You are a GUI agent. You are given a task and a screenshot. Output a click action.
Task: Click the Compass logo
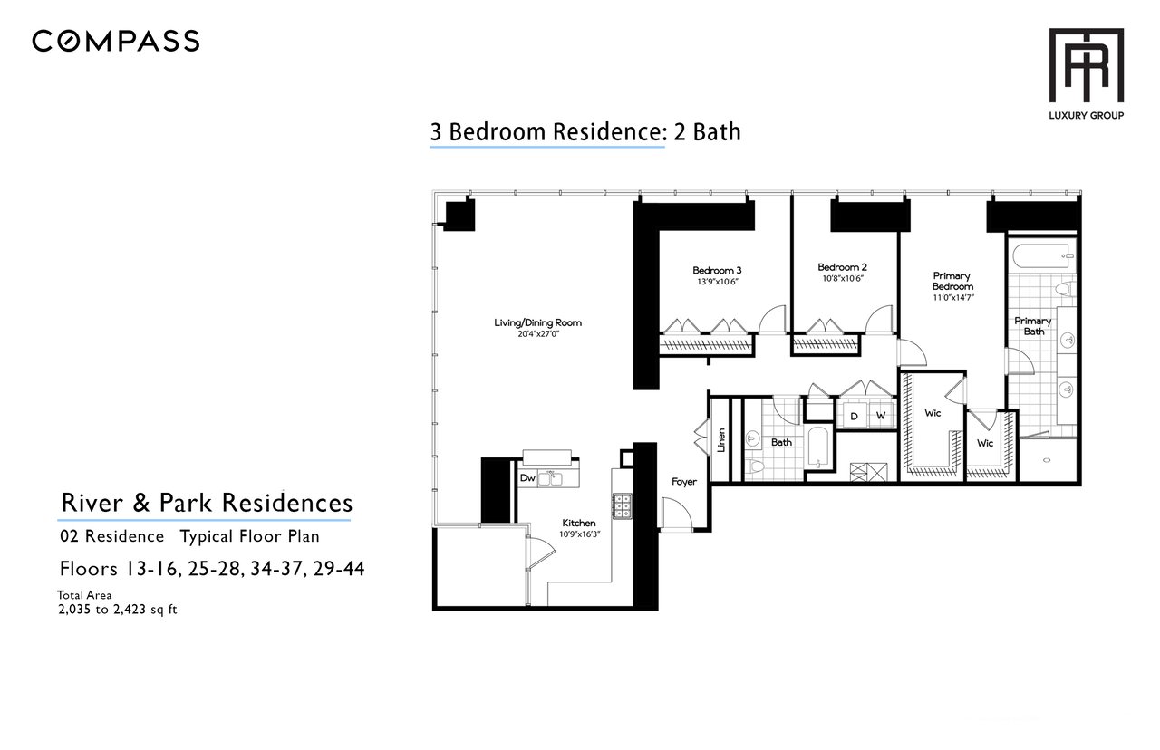(x=115, y=42)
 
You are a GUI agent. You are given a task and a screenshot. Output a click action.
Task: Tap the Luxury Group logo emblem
(x=1086, y=65)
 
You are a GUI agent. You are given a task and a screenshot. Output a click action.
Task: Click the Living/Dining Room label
(x=537, y=322)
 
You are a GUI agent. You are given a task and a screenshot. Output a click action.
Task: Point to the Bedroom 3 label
(x=717, y=270)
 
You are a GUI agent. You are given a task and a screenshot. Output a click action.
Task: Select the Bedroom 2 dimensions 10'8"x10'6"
(x=843, y=278)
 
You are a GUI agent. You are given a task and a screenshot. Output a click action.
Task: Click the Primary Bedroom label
(x=952, y=281)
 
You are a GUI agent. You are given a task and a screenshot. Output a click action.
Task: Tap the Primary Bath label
(x=1032, y=326)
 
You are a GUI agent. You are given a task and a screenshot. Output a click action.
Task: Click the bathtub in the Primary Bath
(x=1042, y=256)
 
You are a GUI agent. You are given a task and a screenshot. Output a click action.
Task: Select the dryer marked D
(x=854, y=416)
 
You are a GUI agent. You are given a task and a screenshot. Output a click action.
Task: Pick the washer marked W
(x=880, y=416)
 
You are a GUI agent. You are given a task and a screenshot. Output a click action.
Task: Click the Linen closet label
(x=720, y=440)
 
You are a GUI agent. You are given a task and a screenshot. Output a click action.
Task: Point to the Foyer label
(x=684, y=482)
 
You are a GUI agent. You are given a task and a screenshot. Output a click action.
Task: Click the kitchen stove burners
(x=622, y=506)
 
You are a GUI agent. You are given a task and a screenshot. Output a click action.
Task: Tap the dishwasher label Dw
(x=527, y=477)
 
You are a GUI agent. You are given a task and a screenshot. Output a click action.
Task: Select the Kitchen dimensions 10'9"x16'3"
(x=579, y=534)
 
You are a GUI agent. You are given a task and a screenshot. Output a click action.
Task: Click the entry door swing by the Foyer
(x=676, y=513)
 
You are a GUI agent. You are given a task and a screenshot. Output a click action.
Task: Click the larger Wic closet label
(x=933, y=413)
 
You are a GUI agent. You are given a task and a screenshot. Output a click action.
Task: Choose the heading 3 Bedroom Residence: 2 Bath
(x=585, y=132)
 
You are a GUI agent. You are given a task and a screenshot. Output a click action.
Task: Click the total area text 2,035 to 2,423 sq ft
(x=118, y=610)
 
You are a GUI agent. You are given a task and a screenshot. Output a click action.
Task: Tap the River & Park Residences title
(x=207, y=503)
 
